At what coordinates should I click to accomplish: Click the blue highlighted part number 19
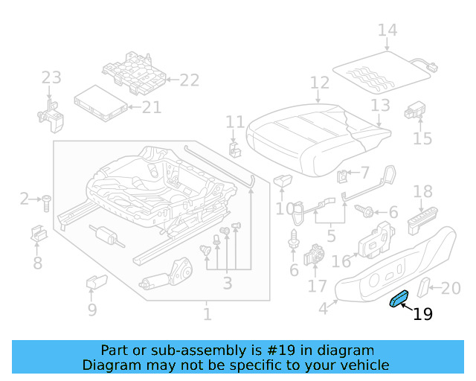[x=400, y=299]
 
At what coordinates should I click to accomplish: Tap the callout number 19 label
[x=422, y=315]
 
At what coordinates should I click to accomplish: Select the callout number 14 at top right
[x=387, y=31]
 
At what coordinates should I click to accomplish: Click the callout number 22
[x=190, y=80]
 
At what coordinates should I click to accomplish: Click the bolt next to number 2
[x=46, y=200]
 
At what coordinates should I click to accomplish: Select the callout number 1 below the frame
[x=208, y=315]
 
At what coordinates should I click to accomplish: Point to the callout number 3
[x=227, y=284]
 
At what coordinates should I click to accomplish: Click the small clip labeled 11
[x=235, y=147]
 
